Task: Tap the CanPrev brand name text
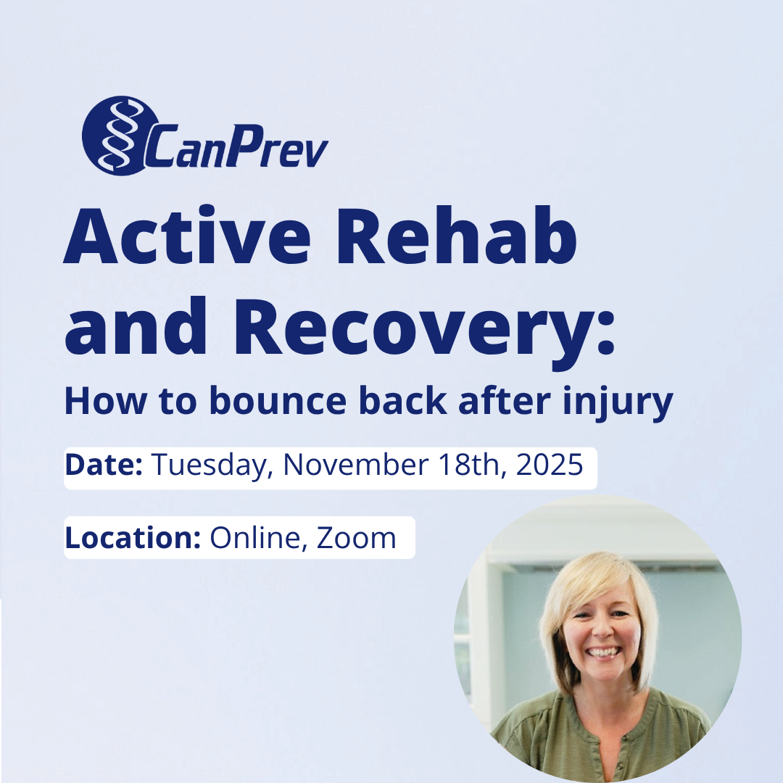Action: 236,147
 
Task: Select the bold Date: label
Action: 103,465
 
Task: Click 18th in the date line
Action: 471,465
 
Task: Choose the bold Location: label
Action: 133,537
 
